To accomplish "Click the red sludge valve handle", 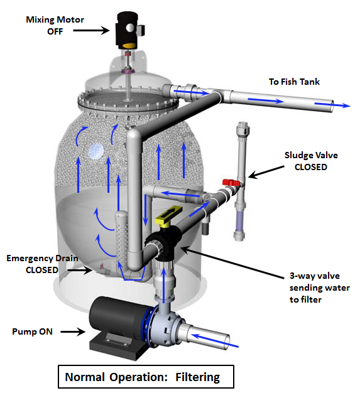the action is click(x=231, y=183).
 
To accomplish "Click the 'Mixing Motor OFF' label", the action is click(x=55, y=26).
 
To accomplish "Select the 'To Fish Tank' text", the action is click(x=294, y=82).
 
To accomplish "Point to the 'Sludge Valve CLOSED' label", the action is click(x=311, y=161).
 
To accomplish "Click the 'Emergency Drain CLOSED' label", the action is click(x=42, y=264).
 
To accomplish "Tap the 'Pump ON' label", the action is click(x=33, y=331).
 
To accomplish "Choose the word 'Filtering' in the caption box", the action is click(x=197, y=377).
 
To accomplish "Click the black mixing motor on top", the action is click(x=128, y=30).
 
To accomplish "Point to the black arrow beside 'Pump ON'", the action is click(x=73, y=331).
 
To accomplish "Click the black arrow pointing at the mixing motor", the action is click(x=91, y=31).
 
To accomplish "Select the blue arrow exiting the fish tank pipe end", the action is click(x=332, y=105).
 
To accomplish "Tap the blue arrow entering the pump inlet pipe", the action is click(x=215, y=340).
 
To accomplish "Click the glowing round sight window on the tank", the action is click(x=96, y=152).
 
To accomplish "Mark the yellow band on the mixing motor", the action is click(x=129, y=46).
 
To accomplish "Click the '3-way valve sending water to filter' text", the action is click(x=319, y=288).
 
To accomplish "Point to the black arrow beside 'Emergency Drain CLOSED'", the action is click(x=80, y=270).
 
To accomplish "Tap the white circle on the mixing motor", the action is click(x=131, y=28).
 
